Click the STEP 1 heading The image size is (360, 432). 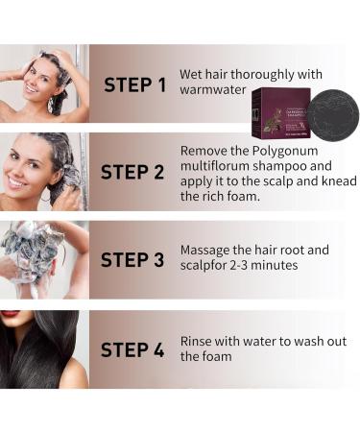point(133,84)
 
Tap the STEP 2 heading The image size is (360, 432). point(133,173)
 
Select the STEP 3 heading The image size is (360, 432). point(133,260)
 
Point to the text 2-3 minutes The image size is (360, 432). point(265,265)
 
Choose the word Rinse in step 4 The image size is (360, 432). point(199,340)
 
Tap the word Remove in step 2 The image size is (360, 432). point(206,151)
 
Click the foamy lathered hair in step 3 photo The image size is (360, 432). point(38,252)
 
